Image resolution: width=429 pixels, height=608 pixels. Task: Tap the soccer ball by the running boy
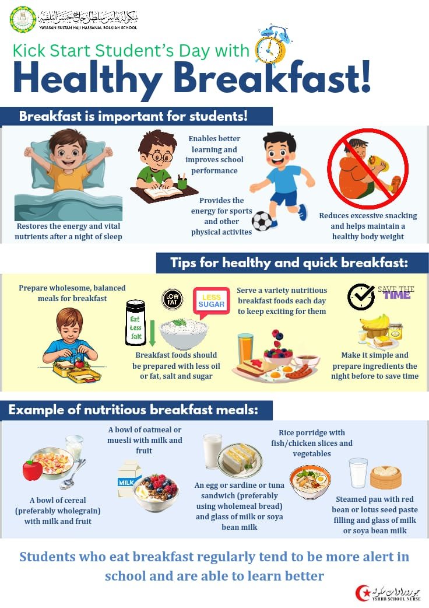coord(262,221)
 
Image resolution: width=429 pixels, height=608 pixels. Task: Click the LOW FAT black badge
coord(172,299)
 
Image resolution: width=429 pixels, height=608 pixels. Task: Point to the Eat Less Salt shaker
coord(135,323)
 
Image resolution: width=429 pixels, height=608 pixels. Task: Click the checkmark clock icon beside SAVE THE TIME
coord(360,296)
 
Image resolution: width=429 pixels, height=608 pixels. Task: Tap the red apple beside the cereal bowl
coord(32,470)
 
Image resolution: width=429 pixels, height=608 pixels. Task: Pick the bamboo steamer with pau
coord(386,477)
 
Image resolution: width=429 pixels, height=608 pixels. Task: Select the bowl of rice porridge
coord(310,482)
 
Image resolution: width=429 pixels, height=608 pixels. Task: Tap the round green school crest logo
coord(23,19)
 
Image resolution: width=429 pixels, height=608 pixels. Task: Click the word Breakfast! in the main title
coord(272,78)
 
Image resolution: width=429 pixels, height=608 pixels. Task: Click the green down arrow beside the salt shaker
coord(152,333)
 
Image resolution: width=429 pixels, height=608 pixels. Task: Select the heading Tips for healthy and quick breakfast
coord(289,263)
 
